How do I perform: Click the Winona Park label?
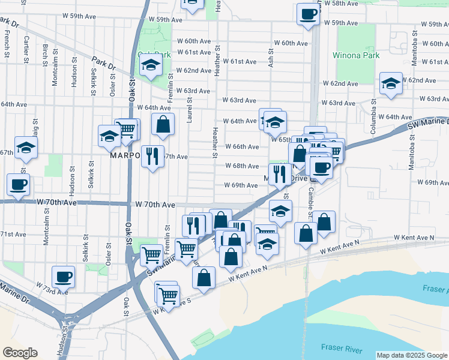[357, 56]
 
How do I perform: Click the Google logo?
[20, 353]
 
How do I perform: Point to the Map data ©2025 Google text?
[412, 355]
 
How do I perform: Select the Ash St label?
[271, 58]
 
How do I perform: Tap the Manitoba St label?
[412, 152]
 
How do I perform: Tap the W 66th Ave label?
[242, 146]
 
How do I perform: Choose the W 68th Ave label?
[242, 166]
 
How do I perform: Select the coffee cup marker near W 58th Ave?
[308, 14]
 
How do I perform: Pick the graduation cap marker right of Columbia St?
[391, 85]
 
